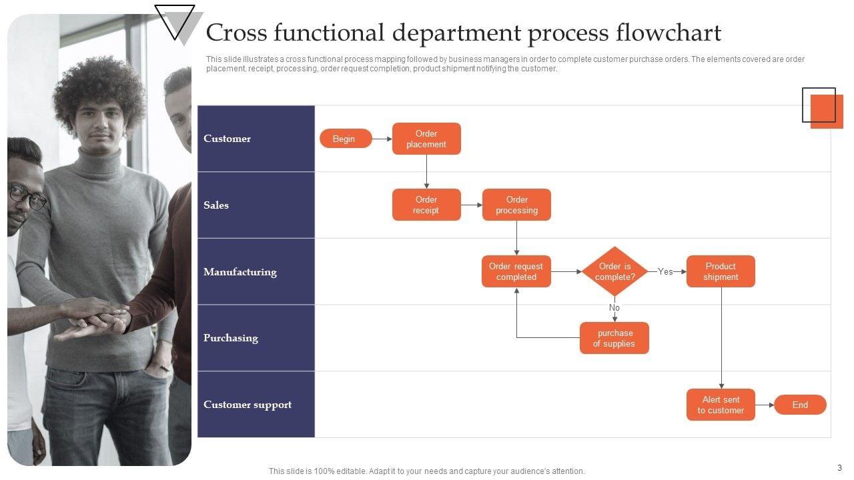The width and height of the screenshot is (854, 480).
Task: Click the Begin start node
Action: (346, 139)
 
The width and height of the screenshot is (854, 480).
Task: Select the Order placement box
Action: (426, 139)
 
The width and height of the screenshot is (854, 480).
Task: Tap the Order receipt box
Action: (426, 205)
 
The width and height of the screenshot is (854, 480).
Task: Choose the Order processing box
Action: (516, 205)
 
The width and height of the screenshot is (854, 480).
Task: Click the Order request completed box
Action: (516, 271)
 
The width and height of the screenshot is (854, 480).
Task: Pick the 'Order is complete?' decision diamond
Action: (614, 271)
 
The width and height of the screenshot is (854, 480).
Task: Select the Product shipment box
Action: (721, 271)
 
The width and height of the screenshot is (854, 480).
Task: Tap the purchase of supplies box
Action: (614, 338)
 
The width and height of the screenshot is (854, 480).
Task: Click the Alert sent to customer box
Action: (721, 405)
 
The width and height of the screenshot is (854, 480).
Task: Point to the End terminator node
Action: (800, 405)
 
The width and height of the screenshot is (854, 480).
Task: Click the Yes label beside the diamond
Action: (665, 271)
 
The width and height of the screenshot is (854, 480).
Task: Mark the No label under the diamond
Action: (614, 307)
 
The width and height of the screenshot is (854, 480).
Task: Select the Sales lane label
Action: (216, 205)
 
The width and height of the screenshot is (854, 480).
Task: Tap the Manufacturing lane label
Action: (240, 272)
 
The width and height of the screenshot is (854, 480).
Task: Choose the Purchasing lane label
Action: (231, 338)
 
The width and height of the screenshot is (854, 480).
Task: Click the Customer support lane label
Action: (248, 405)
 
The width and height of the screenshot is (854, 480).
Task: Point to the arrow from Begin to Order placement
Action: (382, 139)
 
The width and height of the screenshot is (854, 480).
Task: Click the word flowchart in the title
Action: (669, 33)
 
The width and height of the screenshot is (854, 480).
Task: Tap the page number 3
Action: (839, 467)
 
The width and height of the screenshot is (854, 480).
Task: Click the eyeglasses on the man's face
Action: (27, 197)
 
